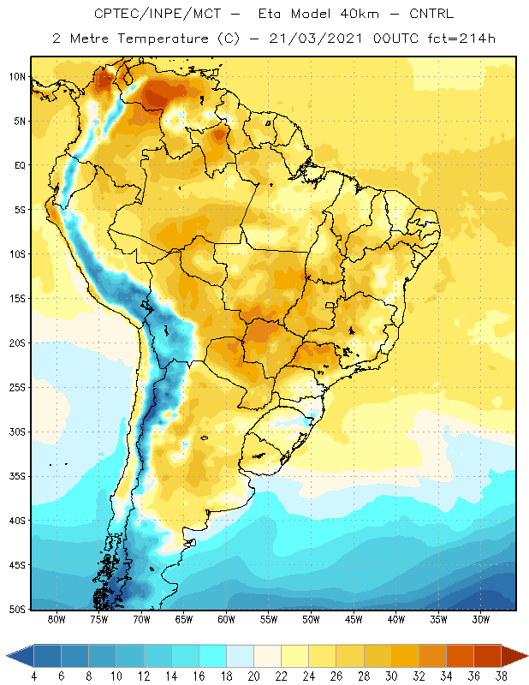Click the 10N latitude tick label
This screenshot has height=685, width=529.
17,77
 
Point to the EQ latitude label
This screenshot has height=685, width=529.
20,165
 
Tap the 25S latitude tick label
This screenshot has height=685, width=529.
17,388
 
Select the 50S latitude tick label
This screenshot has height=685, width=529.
17,610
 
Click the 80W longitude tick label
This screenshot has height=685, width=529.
56,619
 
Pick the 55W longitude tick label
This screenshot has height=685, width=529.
269,619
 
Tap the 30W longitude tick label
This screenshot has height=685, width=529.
481,619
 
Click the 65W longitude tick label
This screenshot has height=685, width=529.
184,619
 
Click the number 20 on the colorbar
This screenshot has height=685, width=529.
253,676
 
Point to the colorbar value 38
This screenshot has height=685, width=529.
501,676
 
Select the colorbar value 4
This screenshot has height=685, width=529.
33,676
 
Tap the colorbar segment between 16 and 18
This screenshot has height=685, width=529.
213,656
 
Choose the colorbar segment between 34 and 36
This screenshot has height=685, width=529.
460,656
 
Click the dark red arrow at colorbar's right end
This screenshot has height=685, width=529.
514,656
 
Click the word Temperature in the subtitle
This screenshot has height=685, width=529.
163,39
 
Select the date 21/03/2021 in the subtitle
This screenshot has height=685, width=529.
316,39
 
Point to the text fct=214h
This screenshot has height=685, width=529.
461,39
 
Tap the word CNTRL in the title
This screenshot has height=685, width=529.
431,14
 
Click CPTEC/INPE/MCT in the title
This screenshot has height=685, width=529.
158,14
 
